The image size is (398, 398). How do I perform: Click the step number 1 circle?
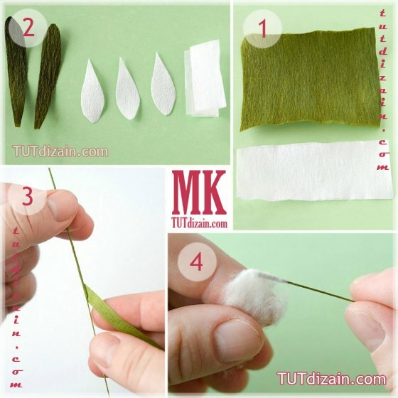[x=262, y=29]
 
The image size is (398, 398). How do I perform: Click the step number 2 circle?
[x=28, y=28]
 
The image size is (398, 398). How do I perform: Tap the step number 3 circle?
[x=28, y=196]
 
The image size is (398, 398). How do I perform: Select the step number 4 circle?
[x=197, y=262]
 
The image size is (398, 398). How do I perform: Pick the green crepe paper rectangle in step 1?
[x=310, y=79]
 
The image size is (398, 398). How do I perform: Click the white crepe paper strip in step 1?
[x=315, y=170]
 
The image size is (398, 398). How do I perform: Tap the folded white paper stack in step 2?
[x=205, y=78]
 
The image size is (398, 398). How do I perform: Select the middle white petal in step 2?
[x=128, y=89]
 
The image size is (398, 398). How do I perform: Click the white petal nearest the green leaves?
[x=93, y=92]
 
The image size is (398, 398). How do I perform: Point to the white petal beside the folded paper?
[x=163, y=85]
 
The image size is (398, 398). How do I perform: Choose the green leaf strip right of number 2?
[x=48, y=76]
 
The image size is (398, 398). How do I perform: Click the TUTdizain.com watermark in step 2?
[x=60, y=151]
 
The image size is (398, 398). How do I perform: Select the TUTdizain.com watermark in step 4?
[x=331, y=379]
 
